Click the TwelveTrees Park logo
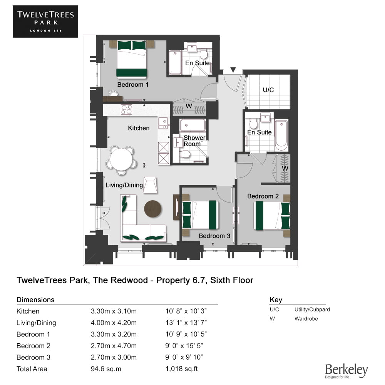pyautogui.click(x=45, y=22)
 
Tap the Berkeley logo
pyautogui.click(x=346, y=371)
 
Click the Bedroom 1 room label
pyautogui.click(x=133, y=85)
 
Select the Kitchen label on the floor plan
pyautogui.click(x=139, y=128)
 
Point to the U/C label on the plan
pyautogui.click(x=268, y=90)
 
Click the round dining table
pyautogui.click(x=121, y=159)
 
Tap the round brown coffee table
pyautogui.click(x=153, y=209)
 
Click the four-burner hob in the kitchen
pyautogui.click(x=126, y=109)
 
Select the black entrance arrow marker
pyautogui.click(x=233, y=70)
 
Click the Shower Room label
pyautogui.click(x=194, y=141)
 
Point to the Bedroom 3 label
pyautogui.click(x=214, y=236)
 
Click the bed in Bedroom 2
pyautogui.click(x=272, y=216)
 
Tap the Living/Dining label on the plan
pyautogui.click(x=124, y=185)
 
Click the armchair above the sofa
pyautogui.click(x=150, y=185)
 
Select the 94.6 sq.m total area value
pyautogui.click(x=106, y=369)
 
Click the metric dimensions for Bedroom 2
pyautogui.click(x=114, y=346)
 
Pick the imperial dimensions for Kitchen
pyautogui.click(x=186, y=311)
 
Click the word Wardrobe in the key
pyautogui.click(x=306, y=319)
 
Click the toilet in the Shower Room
pyautogui.click(x=185, y=154)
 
